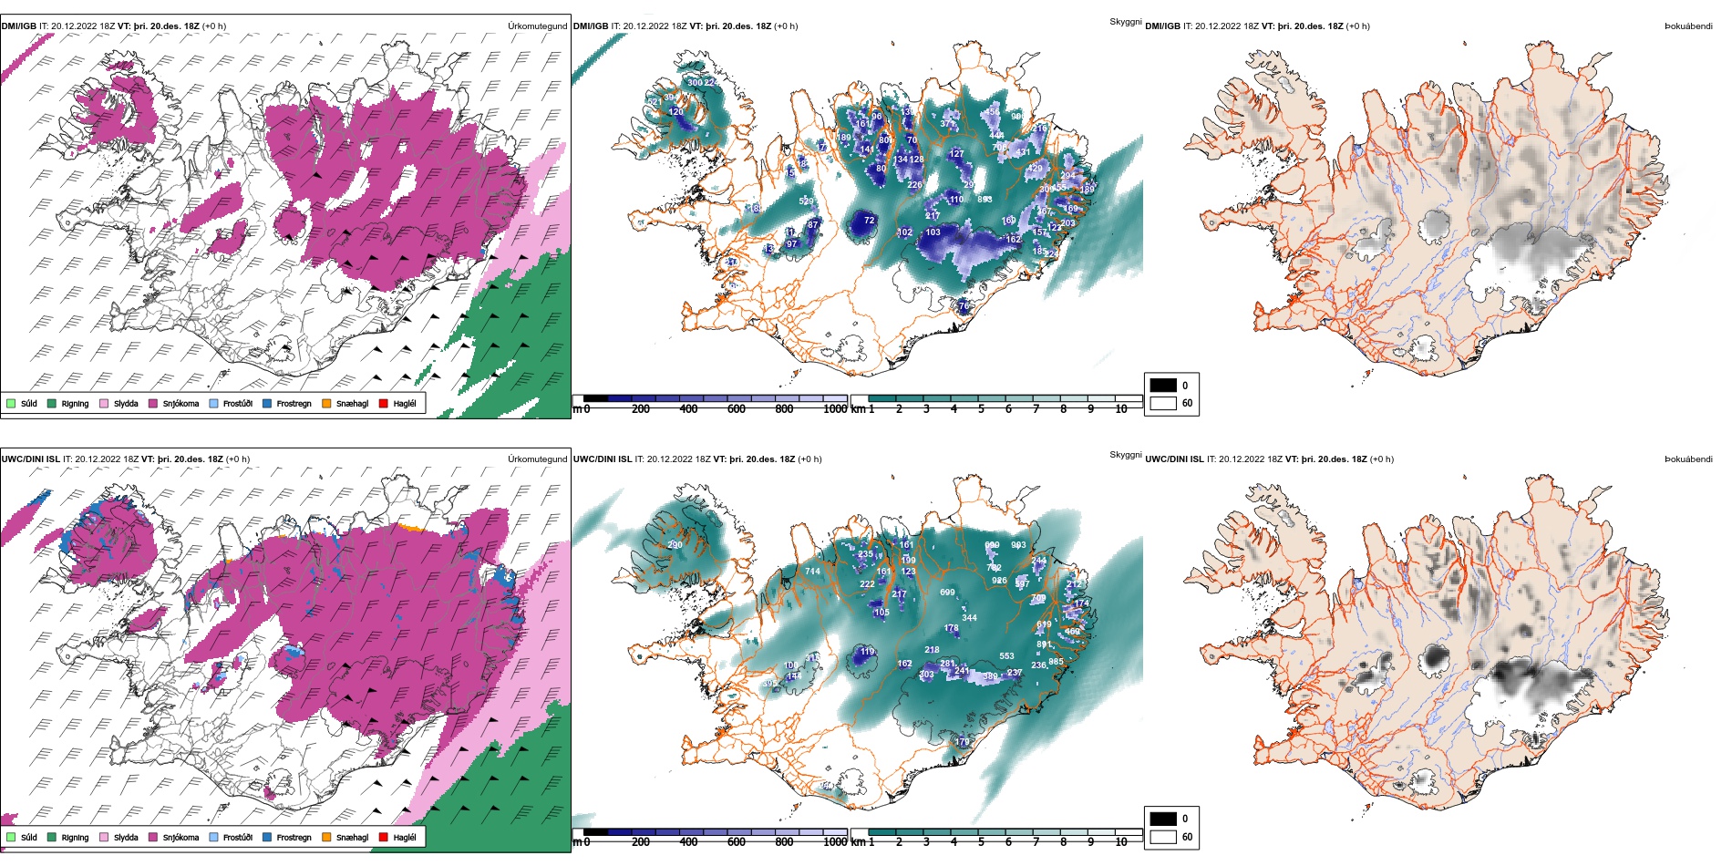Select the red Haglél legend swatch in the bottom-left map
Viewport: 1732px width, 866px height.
[x=384, y=837]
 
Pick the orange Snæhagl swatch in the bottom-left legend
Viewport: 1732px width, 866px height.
[x=326, y=837]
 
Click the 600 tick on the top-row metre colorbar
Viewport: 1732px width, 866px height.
[x=736, y=409]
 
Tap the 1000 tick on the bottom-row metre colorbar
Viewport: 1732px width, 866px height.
[x=834, y=842]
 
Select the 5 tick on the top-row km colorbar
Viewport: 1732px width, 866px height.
[x=981, y=409]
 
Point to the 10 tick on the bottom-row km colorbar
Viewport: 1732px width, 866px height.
[x=1120, y=842]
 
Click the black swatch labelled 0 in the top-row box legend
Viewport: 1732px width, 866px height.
[x=1163, y=385]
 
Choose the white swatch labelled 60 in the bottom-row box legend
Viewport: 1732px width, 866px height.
[x=1163, y=836]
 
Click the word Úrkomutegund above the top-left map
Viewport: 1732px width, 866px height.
[x=537, y=26]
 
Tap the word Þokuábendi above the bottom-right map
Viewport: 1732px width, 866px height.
[x=1688, y=459]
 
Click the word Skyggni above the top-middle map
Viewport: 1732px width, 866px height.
[x=1125, y=21]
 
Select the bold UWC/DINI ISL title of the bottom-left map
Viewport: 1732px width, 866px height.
[x=30, y=459]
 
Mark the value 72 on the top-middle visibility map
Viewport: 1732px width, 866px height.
[x=869, y=221]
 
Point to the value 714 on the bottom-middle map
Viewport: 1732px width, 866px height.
[x=812, y=572]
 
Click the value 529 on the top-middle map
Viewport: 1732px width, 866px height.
[x=806, y=201]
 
